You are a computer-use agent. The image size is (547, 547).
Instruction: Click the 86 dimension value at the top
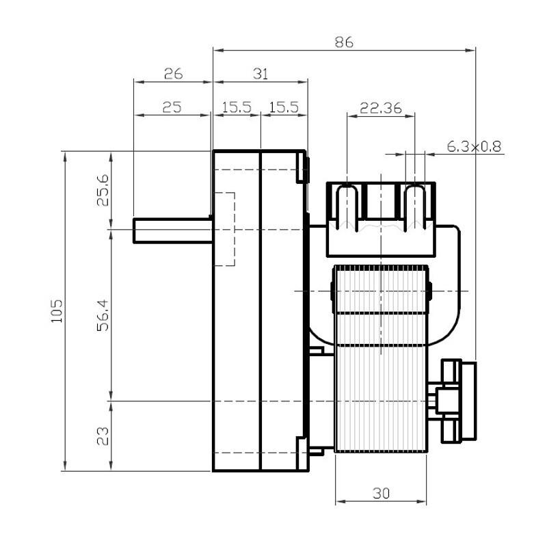click(344, 42)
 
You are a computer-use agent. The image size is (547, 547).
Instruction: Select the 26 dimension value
click(174, 74)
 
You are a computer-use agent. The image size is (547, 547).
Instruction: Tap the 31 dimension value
click(261, 74)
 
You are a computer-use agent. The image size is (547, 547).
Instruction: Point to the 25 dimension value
click(172, 107)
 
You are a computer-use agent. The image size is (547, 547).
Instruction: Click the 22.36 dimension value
click(381, 108)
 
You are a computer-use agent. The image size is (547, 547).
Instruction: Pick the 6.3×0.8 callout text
click(474, 146)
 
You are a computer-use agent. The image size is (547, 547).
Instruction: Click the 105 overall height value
click(57, 311)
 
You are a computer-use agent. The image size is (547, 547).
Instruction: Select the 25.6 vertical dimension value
click(103, 191)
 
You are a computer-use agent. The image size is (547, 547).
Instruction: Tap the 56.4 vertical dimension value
click(103, 315)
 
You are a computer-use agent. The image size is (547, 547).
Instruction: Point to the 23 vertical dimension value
click(103, 436)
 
